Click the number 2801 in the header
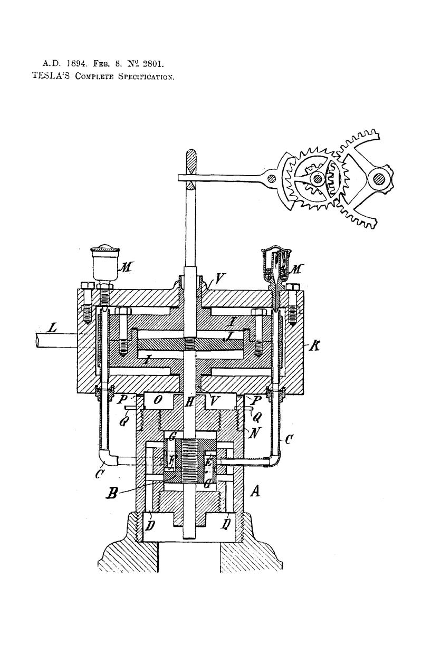[x=150, y=65]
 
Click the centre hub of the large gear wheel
[x=317, y=179]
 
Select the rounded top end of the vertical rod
[x=192, y=158]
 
